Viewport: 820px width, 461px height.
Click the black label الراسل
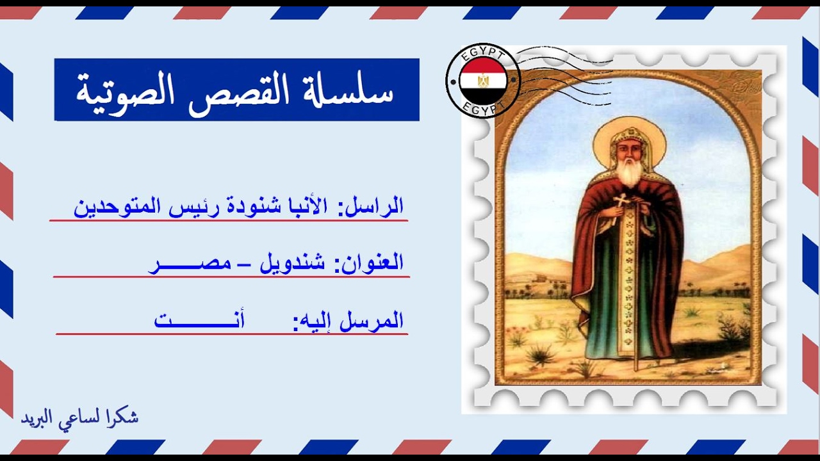tap(375, 206)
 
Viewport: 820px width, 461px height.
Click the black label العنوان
tap(370, 263)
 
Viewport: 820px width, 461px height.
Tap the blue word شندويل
tap(292, 263)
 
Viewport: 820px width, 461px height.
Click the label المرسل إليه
tap(348, 319)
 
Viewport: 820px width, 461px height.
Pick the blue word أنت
tap(199, 319)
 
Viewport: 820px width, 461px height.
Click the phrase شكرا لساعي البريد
tap(79, 417)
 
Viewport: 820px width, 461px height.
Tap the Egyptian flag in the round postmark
tap(483, 81)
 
